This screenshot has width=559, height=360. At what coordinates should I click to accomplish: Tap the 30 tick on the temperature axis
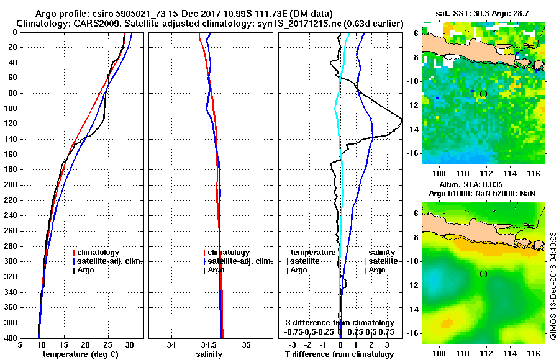click(130, 345)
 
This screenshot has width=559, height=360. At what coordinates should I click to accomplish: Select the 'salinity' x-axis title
click(210, 354)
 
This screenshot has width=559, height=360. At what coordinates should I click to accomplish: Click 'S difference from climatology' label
click(340, 323)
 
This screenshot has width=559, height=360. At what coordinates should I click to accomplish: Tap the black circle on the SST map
click(484, 94)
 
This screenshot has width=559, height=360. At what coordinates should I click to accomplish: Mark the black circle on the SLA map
click(483, 274)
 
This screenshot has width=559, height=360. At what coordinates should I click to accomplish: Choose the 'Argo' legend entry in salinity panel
click(216, 270)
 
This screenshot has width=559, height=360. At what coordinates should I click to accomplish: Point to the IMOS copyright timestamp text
click(553, 286)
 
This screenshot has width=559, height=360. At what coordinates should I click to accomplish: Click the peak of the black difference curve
click(402, 119)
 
